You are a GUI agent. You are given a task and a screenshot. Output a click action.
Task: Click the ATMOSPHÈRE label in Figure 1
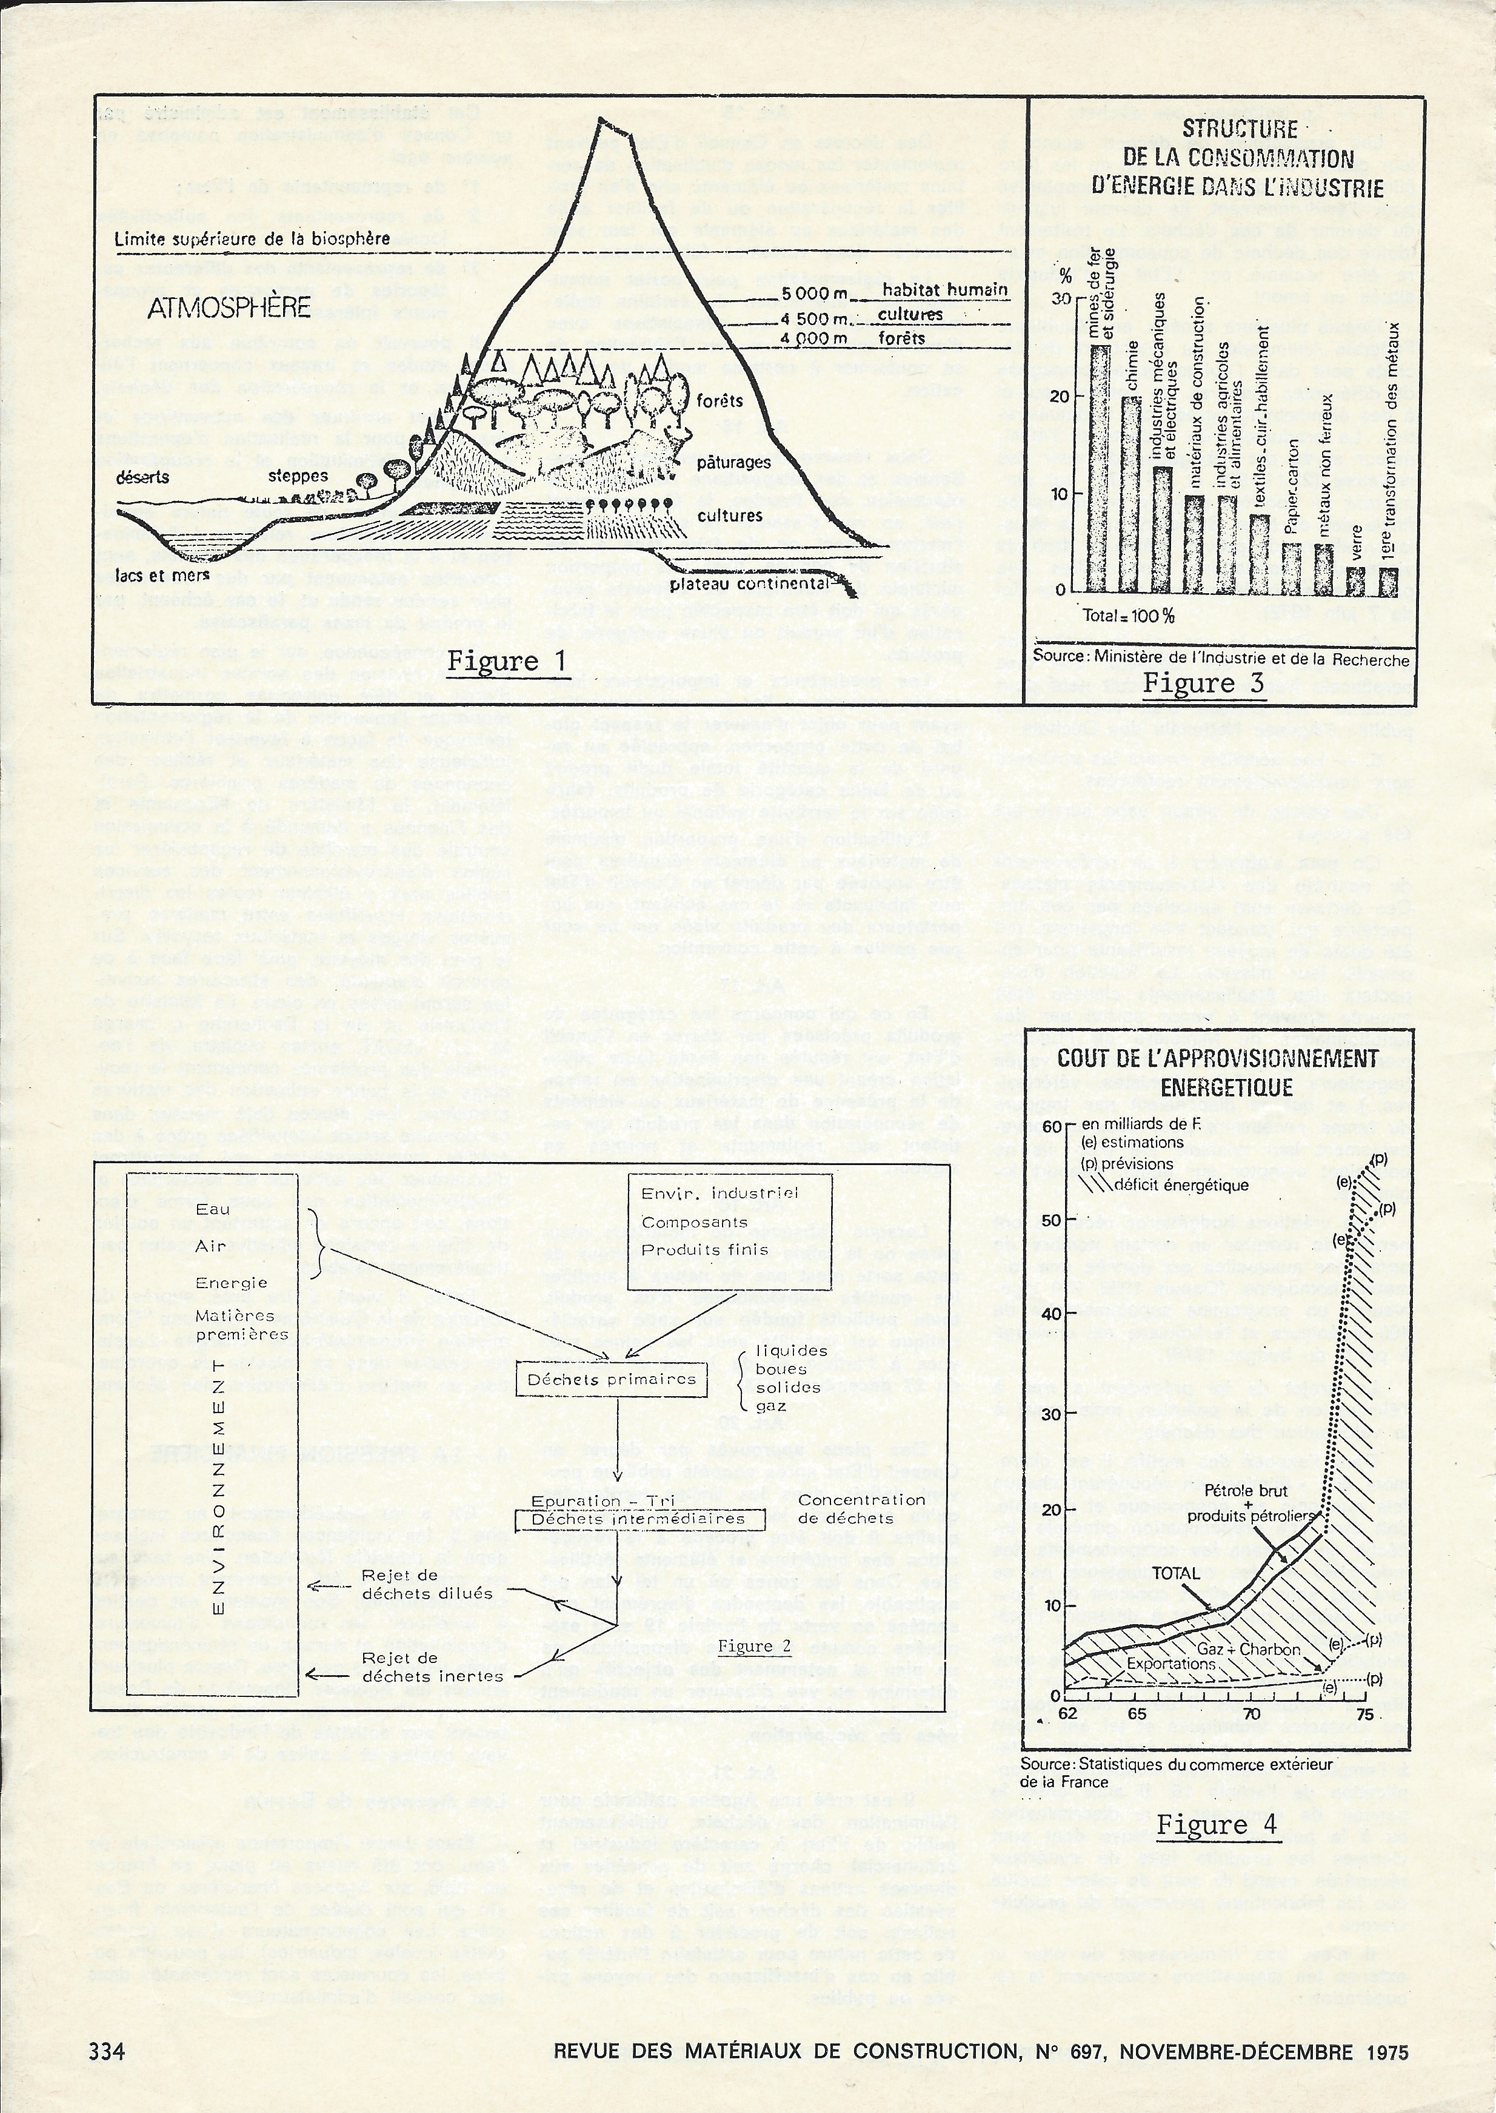[x=229, y=307]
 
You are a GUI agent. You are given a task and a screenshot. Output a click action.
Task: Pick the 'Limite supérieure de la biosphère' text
[x=252, y=239]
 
